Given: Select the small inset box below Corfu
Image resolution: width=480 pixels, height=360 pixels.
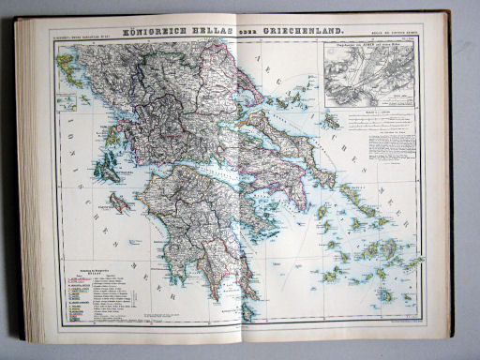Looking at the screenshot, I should point(67,101).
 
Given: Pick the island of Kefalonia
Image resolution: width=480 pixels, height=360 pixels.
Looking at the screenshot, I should point(107,171).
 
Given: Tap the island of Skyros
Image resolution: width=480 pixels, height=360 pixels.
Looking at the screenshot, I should point(331,120).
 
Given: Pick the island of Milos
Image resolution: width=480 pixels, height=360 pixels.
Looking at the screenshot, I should point(334,275).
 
